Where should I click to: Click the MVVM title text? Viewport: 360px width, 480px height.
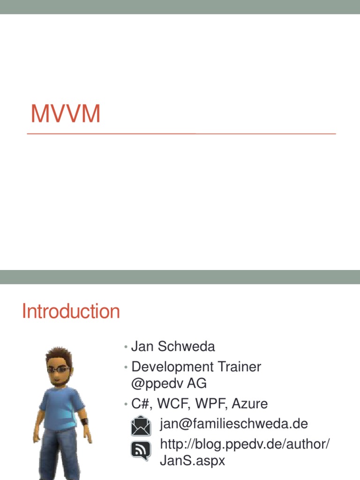[66, 114]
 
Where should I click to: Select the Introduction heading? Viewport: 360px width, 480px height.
[71, 311]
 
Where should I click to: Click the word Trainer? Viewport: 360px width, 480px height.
[240, 367]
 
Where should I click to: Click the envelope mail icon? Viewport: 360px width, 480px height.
[141, 426]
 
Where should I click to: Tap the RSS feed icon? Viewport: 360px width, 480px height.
[141, 450]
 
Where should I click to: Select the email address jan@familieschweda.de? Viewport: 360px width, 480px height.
[234, 424]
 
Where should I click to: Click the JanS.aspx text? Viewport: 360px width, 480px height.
[193, 461]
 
